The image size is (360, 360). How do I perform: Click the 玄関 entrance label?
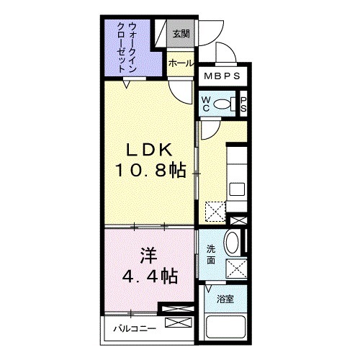(x=179, y=33)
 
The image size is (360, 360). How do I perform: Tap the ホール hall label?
(x=179, y=63)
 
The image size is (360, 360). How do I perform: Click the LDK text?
(x=150, y=150)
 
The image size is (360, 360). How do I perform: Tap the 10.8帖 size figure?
(x=149, y=171)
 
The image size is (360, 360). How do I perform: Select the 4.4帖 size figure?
(x=149, y=275)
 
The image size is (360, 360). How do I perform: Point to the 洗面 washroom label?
(x=211, y=253)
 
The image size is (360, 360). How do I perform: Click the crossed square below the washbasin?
(x=237, y=268)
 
